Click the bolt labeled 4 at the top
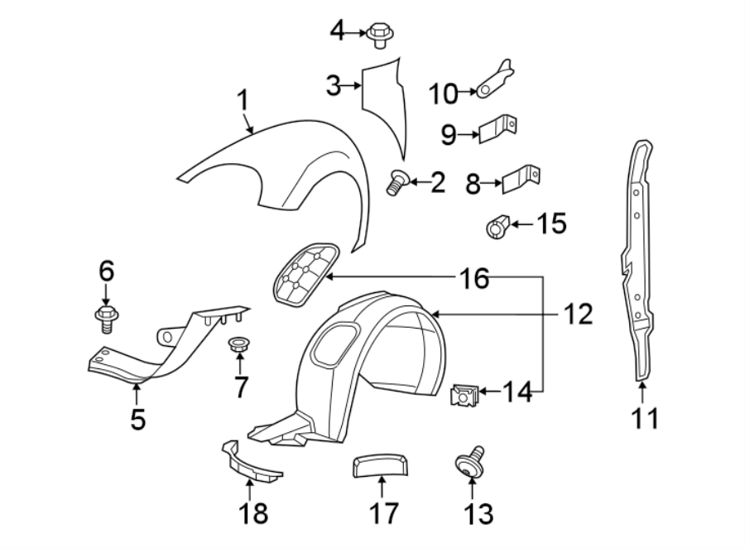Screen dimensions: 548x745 379,36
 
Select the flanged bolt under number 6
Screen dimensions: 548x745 106,316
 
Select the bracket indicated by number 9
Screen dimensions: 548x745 498,130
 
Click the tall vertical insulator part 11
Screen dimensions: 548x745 639,261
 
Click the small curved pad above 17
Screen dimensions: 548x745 380,465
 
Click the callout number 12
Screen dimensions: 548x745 579,313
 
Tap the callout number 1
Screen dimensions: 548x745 243,102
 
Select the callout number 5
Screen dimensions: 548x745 137,419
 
